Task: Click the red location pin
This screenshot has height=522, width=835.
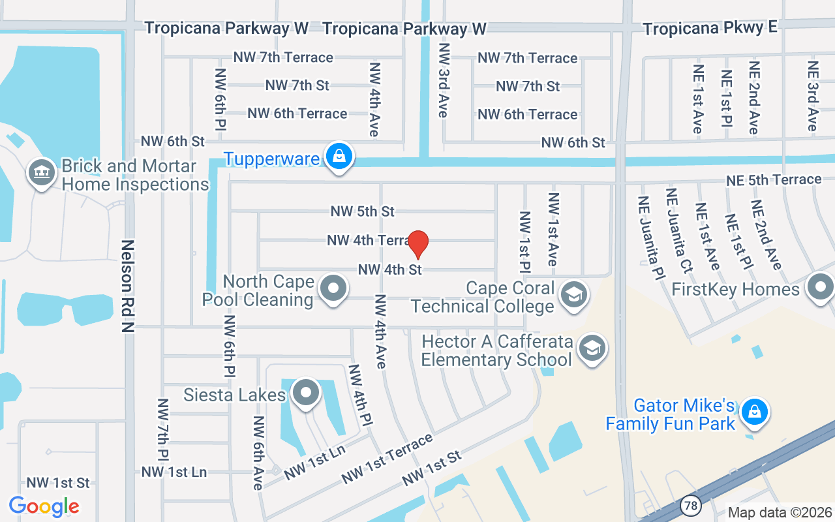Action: [x=417, y=244]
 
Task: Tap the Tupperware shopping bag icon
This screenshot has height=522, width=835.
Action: [x=339, y=157]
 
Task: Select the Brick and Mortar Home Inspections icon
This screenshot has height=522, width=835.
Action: [x=42, y=173]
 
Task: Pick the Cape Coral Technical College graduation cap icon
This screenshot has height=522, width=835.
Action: [x=574, y=294]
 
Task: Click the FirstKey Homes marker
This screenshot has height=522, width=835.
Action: [x=820, y=288]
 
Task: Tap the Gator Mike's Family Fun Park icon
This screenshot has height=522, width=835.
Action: [x=754, y=412]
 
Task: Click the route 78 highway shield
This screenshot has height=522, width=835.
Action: [x=690, y=505]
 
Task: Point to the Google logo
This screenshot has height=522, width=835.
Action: [x=44, y=506]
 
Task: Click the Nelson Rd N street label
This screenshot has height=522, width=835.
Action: [x=127, y=286]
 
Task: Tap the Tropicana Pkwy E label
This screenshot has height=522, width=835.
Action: [x=710, y=28]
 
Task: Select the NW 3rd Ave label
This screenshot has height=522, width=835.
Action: [x=444, y=80]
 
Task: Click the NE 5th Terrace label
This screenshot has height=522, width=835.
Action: [x=774, y=179]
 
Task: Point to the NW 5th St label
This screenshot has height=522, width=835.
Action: [x=363, y=211]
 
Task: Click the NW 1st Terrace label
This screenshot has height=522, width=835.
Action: [x=387, y=459]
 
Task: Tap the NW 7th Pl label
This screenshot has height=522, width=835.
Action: [x=162, y=431]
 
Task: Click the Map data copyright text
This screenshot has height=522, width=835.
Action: [x=780, y=513]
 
